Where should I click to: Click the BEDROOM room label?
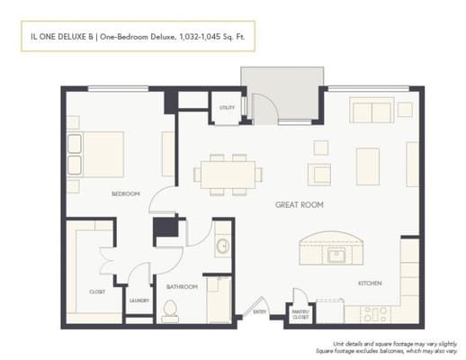[x=125, y=193]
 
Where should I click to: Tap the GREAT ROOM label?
[x=299, y=205]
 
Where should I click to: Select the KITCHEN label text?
[x=371, y=283]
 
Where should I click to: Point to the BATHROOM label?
[x=182, y=287]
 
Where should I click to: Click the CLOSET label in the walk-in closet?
[x=97, y=292]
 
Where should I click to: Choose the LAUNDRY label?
[x=139, y=301]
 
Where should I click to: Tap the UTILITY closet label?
[x=227, y=108]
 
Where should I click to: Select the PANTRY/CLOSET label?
[x=300, y=314]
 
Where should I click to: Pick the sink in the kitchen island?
[x=336, y=255]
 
